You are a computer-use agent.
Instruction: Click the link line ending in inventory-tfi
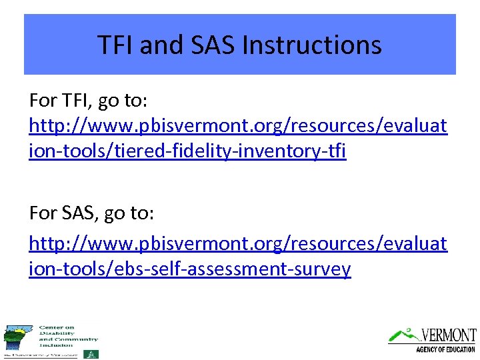(x=187, y=151)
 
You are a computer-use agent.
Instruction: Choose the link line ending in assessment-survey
(x=190, y=269)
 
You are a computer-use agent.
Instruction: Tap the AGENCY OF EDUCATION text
(x=445, y=349)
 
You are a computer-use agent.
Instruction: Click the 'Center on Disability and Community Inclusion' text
(x=68, y=336)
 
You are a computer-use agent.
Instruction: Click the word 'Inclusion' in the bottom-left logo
(x=55, y=345)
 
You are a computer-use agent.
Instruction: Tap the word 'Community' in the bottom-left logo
(x=75, y=339)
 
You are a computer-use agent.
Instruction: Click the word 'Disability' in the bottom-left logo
(x=53, y=333)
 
